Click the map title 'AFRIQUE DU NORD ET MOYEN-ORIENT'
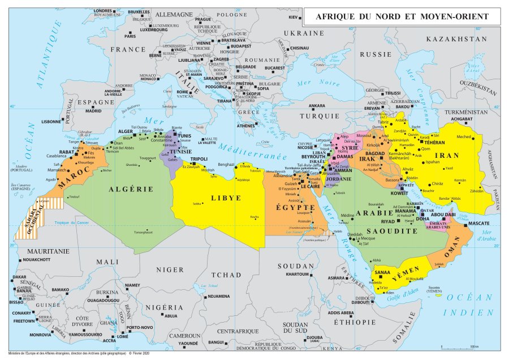point(402,17)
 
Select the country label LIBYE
point(226,198)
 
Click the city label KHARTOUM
point(297,274)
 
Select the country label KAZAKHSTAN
point(456,39)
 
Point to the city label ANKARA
point(317,106)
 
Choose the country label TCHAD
point(226,275)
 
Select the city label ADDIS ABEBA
point(340,312)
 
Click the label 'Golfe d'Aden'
point(402,298)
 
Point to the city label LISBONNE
point(51,121)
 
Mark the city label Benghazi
point(222,164)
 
